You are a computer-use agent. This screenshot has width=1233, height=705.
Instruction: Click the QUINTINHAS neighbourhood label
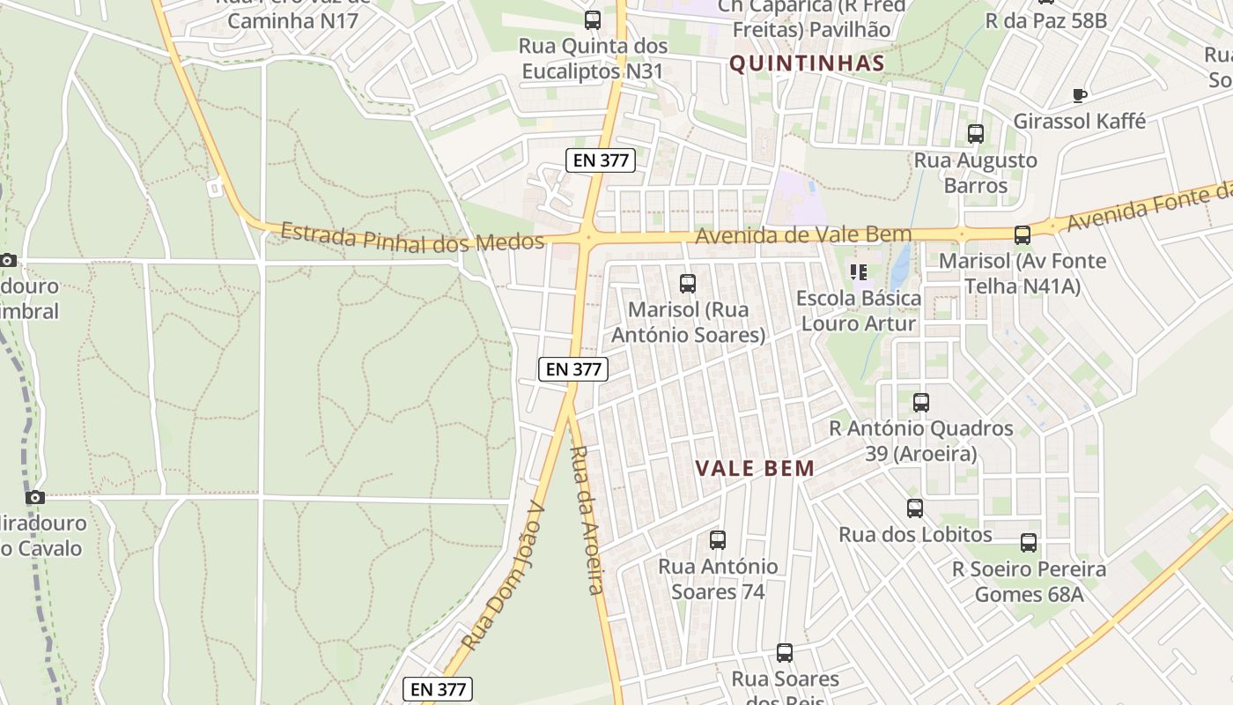click(807, 63)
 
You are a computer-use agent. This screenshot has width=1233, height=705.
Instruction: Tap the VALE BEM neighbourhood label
click(756, 469)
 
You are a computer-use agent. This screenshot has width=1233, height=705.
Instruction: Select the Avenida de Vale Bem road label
click(803, 235)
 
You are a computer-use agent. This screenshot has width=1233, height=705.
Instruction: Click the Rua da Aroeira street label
click(587, 520)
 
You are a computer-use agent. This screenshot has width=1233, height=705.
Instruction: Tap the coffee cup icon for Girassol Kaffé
click(1080, 95)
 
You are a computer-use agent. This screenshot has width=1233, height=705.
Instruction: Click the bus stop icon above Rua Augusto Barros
click(976, 134)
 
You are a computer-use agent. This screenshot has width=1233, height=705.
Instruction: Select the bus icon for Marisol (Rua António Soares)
click(688, 284)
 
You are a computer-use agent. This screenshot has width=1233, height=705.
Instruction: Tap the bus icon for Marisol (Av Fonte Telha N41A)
click(1023, 235)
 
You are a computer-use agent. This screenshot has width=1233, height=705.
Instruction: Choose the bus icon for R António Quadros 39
click(921, 403)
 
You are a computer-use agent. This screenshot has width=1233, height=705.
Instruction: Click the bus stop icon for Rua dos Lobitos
click(915, 508)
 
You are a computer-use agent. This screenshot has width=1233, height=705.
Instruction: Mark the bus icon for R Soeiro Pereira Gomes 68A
click(1029, 543)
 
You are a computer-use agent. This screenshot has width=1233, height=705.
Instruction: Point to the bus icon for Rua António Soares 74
click(718, 540)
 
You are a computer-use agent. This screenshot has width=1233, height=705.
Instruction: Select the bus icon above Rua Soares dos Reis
click(785, 653)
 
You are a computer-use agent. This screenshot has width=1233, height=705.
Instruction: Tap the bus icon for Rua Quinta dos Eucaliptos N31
click(593, 20)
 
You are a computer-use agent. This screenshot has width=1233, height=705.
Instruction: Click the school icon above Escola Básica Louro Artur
click(859, 272)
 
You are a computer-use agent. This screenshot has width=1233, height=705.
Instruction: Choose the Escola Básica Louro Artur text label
click(859, 311)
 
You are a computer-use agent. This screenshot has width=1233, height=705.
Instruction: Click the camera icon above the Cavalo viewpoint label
click(35, 498)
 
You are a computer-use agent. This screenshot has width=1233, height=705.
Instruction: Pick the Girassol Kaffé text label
click(1080, 122)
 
